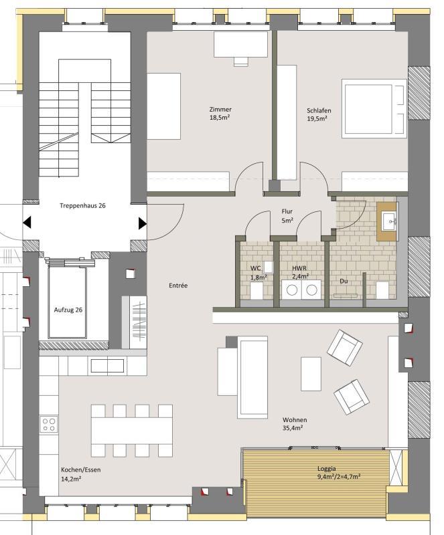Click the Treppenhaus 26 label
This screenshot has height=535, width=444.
[x=82, y=206]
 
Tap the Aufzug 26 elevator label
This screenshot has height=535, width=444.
[x=68, y=310]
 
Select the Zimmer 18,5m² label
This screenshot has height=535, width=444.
[x=220, y=114]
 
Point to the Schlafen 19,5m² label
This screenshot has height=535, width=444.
[x=319, y=114]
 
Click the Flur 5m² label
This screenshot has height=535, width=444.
[x=287, y=216]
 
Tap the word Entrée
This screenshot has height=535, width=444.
[x=178, y=286]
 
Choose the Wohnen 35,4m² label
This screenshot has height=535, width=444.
[x=294, y=424]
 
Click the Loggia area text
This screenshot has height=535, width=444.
[x=339, y=473]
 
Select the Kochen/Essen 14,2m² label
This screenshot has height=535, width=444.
[x=80, y=474]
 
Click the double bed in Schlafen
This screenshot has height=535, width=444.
[x=374, y=109]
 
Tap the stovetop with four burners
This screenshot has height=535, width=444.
[x=48, y=425]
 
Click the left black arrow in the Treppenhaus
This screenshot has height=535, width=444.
[x=27, y=223]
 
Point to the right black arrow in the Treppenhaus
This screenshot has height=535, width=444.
[x=143, y=223]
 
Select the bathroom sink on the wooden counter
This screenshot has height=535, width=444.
[x=389, y=221]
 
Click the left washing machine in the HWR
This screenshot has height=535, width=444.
[x=291, y=290]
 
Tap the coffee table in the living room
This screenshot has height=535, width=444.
[x=311, y=374]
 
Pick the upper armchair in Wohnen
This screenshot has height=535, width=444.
[x=344, y=347]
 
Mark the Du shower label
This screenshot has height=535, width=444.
[x=344, y=281]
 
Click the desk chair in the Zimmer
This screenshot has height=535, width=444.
[x=241, y=61]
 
